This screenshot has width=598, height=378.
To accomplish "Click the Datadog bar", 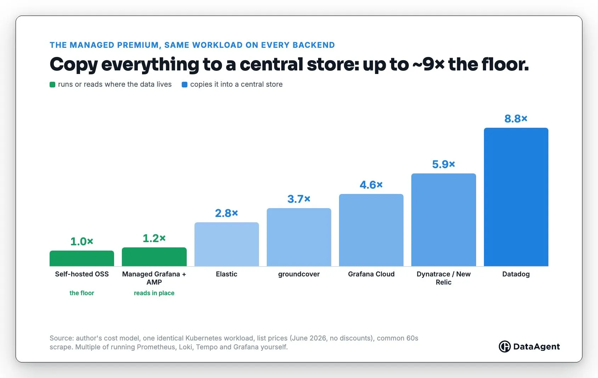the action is (x=516, y=197).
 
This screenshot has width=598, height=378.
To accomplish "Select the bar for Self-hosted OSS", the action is (x=82, y=258).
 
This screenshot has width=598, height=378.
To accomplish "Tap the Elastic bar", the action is (x=227, y=244).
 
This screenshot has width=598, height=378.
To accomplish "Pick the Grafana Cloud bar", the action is (x=371, y=230).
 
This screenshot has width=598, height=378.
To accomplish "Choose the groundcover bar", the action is (x=299, y=237).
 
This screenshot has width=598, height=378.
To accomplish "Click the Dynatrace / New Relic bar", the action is (x=444, y=220).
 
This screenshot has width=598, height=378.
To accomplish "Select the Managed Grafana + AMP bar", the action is (x=154, y=257).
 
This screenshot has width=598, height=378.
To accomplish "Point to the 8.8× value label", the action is (x=516, y=119).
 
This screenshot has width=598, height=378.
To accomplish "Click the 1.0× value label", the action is (x=82, y=241).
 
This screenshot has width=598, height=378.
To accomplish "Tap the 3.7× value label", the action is (x=299, y=199).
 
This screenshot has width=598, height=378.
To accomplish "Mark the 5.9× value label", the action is (x=444, y=164).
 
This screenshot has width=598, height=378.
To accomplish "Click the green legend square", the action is (x=52, y=85).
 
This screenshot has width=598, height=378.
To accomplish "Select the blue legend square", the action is (x=185, y=85).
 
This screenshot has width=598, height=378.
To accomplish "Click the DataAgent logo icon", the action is (x=504, y=346).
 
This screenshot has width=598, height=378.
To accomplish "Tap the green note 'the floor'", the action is (x=82, y=293).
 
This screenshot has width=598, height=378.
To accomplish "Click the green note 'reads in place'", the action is (x=154, y=293).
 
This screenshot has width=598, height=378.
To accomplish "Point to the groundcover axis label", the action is (x=299, y=274).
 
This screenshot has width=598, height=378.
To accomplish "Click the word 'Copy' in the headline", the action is (x=74, y=65).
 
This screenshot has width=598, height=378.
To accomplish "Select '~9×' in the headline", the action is (x=428, y=64).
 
